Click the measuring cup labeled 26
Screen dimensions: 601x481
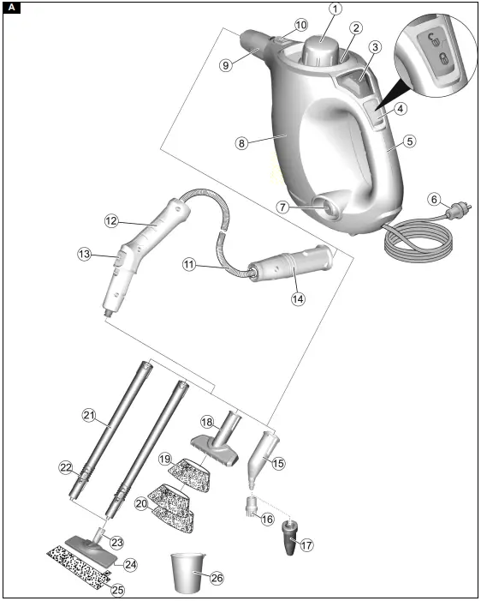click(187, 573)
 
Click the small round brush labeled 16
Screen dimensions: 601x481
click(253, 503)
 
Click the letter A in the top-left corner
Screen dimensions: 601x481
click(9, 9)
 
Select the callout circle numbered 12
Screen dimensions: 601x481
click(111, 220)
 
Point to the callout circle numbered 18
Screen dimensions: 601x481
click(205, 422)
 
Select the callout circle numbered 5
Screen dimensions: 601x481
click(410, 141)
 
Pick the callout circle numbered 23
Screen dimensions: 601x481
click(116, 542)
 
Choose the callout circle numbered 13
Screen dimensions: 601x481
click(84, 255)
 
